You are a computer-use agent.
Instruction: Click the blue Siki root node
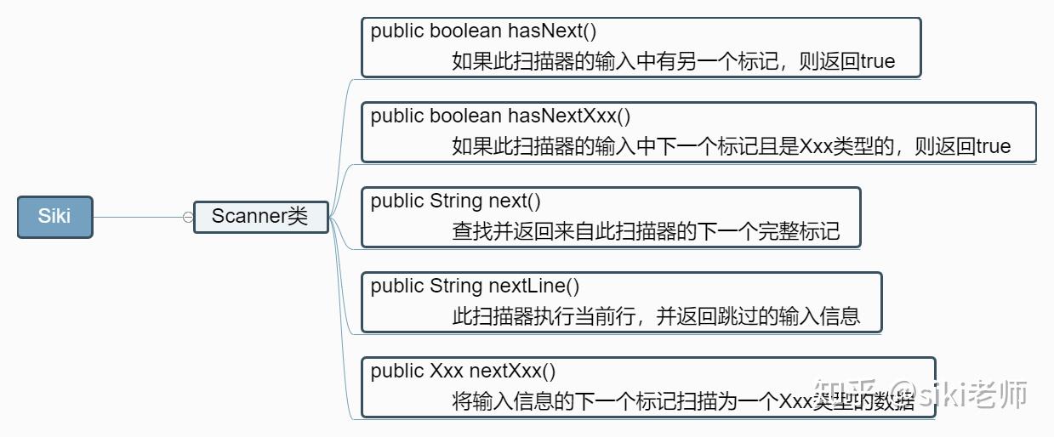point(54,217)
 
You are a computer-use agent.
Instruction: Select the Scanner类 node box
point(260,217)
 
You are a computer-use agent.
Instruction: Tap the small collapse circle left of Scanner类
point(187,218)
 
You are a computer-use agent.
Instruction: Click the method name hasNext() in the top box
point(552,31)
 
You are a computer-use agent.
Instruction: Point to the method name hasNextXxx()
point(569,116)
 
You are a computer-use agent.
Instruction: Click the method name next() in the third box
point(514,201)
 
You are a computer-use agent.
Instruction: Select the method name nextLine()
point(533,287)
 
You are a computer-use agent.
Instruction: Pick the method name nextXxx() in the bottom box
point(512,372)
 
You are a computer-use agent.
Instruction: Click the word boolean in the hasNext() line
point(465,31)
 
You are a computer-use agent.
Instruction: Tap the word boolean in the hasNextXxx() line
point(465,116)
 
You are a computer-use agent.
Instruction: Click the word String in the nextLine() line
point(456,287)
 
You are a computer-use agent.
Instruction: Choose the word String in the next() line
point(456,201)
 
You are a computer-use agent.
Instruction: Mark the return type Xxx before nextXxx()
point(447,372)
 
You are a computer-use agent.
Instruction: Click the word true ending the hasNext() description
point(877,61)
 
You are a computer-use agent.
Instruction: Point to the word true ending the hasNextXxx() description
point(993,146)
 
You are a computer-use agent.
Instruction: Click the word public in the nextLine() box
point(396,287)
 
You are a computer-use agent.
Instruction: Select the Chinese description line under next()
point(646,231)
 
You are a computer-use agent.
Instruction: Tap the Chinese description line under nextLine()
point(656,316)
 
